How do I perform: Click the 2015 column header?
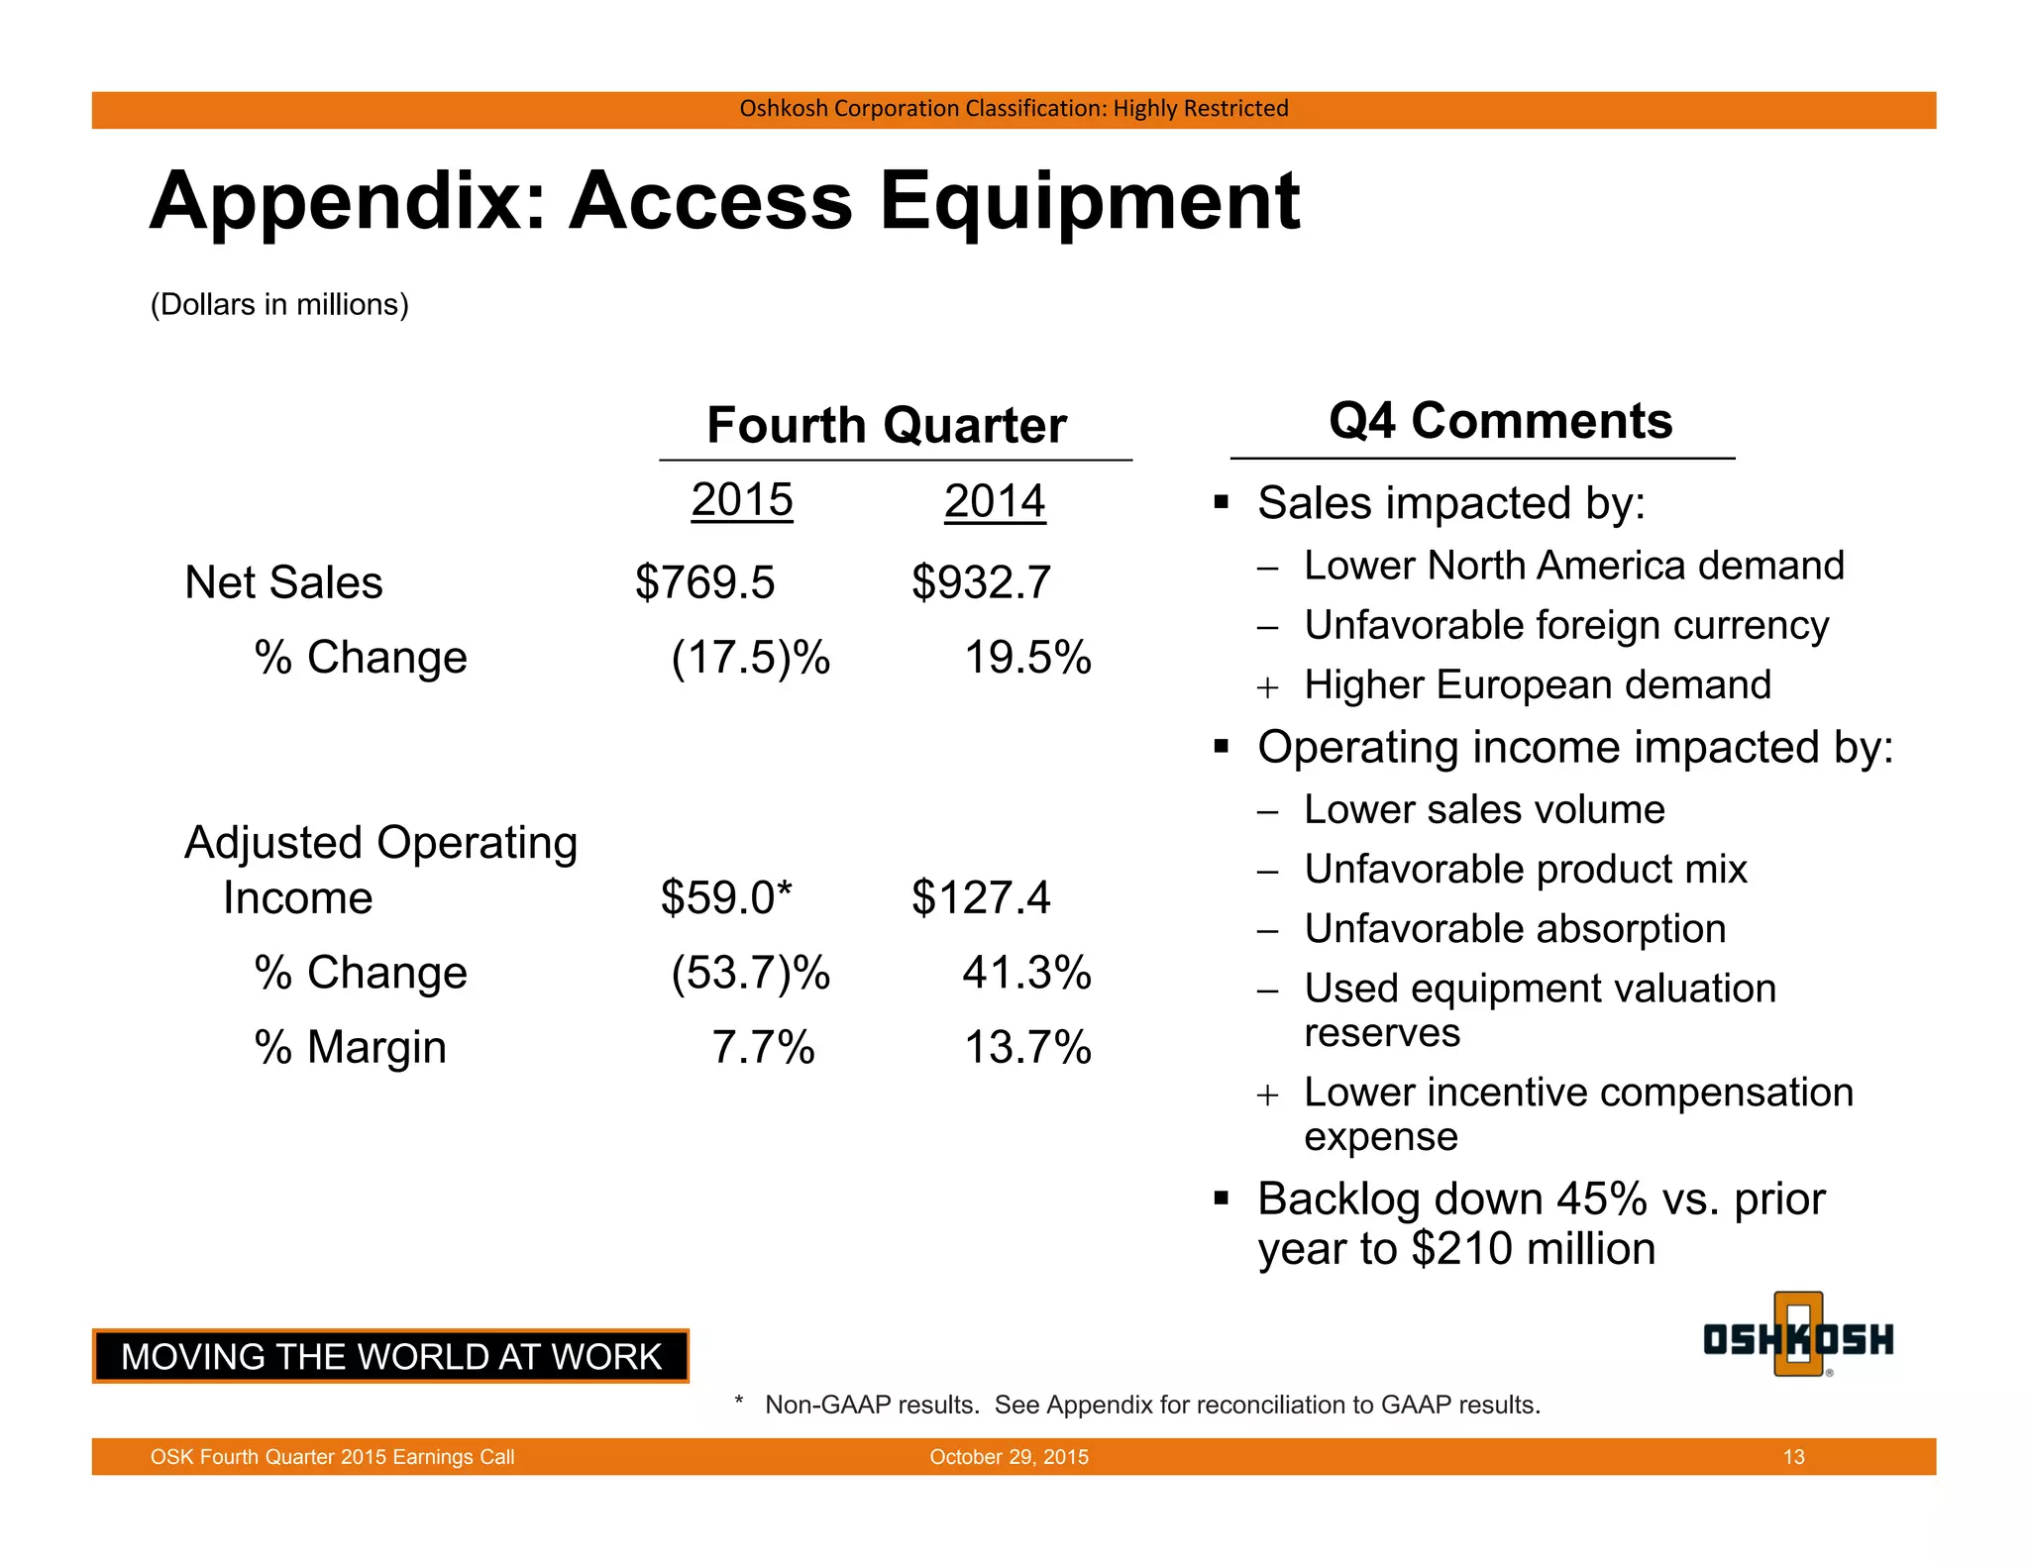point(742,500)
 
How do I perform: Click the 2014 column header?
point(994,501)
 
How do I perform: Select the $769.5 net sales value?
point(704,582)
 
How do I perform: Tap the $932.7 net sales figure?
point(981,582)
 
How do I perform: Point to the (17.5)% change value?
point(750,658)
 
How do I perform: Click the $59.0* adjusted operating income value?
point(726,897)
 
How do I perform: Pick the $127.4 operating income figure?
point(981,897)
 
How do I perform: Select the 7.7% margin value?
point(763,1048)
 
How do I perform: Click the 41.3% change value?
point(1026,973)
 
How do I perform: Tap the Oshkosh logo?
point(1798,1337)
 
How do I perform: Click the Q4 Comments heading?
point(1500,421)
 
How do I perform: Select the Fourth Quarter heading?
point(887,426)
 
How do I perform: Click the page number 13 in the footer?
point(1793,1457)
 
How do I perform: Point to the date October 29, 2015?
point(1009,1457)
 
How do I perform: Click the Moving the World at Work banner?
point(391,1357)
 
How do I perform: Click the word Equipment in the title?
point(1089,201)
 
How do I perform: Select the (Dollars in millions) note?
point(279,304)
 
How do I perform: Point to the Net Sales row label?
point(283,582)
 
